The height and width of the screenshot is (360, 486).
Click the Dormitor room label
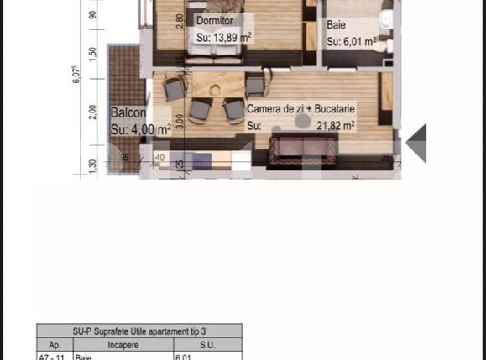pos(214,20)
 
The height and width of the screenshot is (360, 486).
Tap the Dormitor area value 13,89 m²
pos(224,37)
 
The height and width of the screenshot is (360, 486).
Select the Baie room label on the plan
pos(336,25)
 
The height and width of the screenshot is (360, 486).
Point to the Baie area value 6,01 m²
pos(351,40)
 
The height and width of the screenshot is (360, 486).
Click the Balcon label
pos(129,112)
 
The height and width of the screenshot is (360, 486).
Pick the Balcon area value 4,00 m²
pos(141,129)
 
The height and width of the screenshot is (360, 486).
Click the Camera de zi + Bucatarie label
pos(300,110)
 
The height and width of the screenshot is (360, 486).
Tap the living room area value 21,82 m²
pos(335,126)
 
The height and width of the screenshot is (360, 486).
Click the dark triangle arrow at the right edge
pos(417,143)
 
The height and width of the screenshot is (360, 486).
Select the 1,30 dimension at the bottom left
pos(93,164)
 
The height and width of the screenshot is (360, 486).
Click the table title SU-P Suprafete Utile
pos(139,331)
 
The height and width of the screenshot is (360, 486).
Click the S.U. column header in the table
pos(206,344)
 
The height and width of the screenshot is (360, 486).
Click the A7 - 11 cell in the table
pos(53,356)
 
